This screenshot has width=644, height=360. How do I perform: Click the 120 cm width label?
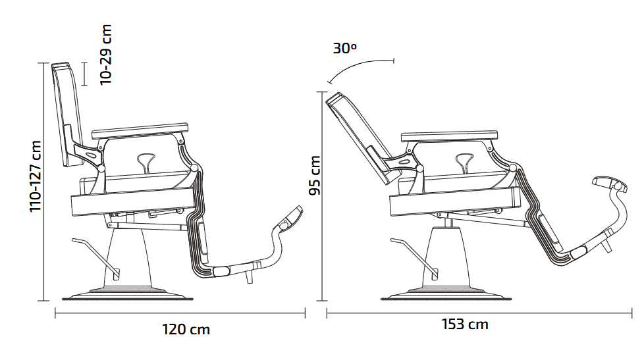pyautogui.click(x=186, y=329)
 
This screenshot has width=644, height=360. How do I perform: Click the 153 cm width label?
pyautogui.click(x=465, y=324)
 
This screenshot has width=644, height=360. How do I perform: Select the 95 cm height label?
pyautogui.click(x=315, y=176)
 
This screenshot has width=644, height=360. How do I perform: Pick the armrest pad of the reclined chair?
pyautogui.click(x=449, y=134)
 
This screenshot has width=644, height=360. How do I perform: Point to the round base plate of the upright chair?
pyautogui.click(x=128, y=294)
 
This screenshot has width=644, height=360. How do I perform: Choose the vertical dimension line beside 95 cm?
pyautogui.click(x=323, y=197)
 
